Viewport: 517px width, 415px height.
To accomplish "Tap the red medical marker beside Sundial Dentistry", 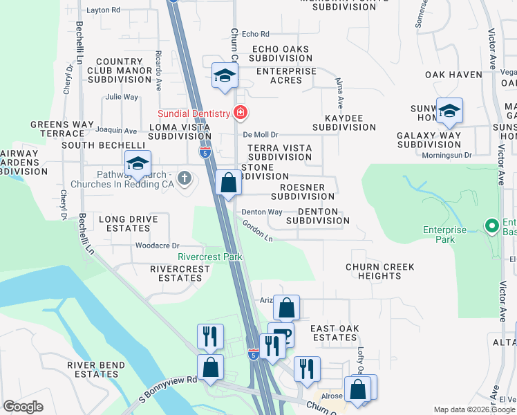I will (240, 112).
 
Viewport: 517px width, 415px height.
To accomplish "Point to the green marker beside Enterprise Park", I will (491, 225).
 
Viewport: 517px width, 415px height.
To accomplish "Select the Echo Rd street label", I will (255, 34).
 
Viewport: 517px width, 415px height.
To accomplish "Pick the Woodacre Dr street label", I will (158, 246).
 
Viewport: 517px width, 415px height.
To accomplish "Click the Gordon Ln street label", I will (257, 230).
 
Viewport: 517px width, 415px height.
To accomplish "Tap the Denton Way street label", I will (262, 212).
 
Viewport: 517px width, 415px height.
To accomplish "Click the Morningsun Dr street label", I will (446, 155).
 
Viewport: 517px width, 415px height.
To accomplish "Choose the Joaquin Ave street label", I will (117, 130).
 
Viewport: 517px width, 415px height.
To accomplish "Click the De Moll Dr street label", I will (261, 135).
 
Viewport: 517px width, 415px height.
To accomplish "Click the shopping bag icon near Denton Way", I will (228, 184).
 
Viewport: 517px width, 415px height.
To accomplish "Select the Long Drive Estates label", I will (129, 224).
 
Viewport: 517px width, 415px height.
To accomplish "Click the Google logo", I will (23, 407).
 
